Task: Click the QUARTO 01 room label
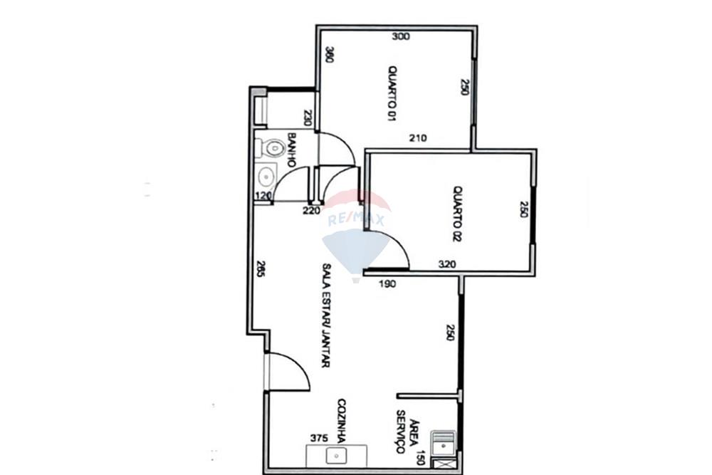point(392,93)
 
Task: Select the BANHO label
point(291,150)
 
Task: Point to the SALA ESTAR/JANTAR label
point(325,315)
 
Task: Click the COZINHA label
point(342,421)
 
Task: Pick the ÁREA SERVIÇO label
point(404,432)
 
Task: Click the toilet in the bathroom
point(271,148)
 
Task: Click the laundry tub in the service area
point(444,444)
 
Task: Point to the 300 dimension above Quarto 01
point(401,36)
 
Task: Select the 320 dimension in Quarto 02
point(447,264)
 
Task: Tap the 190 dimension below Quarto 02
point(387,283)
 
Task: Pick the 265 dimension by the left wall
point(261,269)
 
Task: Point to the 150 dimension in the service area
point(421,458)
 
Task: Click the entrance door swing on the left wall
point(288,372)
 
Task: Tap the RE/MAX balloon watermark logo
point(356,235)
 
